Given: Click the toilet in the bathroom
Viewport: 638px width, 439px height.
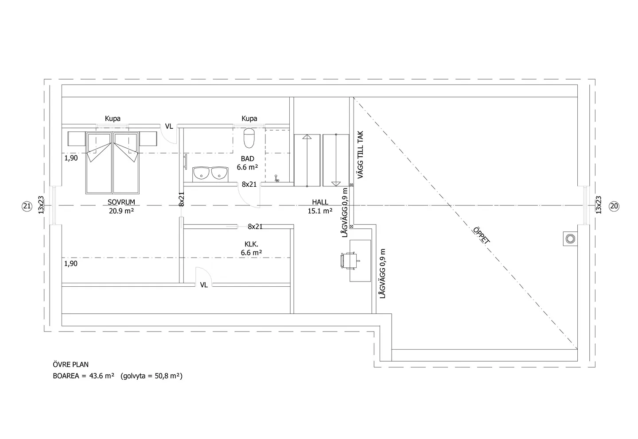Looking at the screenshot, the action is coord(249,138).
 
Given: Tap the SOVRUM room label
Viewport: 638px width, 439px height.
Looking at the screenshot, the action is coord(121,202).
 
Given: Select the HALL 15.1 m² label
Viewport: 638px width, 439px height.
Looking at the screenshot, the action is coord(320,206).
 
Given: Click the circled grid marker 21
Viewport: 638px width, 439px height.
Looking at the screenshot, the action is coord(27,206).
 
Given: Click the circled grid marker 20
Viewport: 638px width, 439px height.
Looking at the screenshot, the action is coord(614,206).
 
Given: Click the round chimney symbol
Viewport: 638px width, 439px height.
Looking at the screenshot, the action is coord(570,239).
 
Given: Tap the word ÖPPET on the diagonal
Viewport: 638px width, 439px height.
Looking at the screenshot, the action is coord(481,235).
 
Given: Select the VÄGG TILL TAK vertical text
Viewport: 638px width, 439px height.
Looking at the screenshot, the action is coord(360,155).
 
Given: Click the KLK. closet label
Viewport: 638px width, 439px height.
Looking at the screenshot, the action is coord(251,244).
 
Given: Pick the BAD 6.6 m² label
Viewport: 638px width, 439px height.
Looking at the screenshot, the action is coord(248,163).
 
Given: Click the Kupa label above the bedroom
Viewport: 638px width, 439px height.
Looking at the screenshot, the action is coord(113,118).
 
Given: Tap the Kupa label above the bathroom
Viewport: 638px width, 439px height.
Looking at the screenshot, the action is coord(249,118).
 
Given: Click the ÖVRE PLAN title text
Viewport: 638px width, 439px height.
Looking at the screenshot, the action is coord(70,365).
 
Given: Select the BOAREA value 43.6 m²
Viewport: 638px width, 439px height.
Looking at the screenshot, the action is coord(102,376).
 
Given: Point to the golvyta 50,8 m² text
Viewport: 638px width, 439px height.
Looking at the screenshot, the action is coord(152,376).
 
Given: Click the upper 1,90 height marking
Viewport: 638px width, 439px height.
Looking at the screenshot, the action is coord(71,158).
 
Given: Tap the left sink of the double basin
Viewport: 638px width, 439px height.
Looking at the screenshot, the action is coord(201,173).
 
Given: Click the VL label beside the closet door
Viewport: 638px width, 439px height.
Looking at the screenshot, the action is coord(204,285).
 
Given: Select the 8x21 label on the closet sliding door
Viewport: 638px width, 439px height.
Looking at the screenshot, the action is coord(255,227).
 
